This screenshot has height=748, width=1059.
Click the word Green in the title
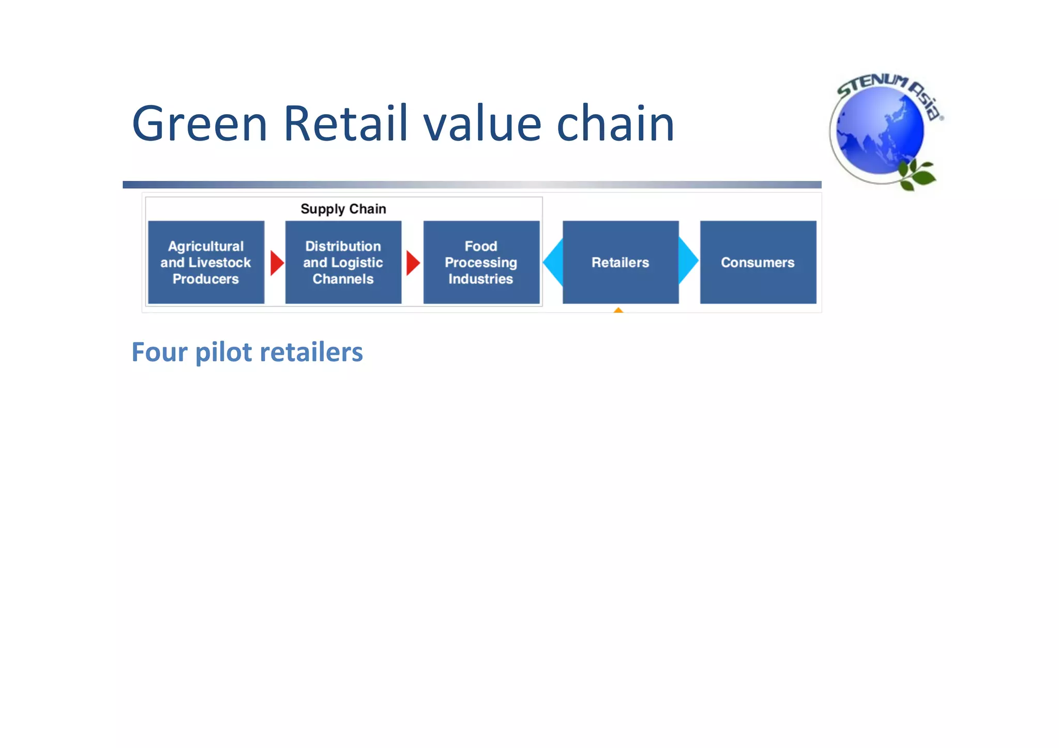[200, 124]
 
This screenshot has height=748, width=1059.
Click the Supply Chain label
[343, 209]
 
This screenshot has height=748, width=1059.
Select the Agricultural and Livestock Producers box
[206, 262]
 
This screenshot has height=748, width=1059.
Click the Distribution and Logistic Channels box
[343, 262]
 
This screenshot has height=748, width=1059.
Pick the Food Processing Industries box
[481, 262]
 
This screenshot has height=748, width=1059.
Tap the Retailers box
[621, 262]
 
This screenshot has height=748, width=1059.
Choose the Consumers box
[758, 262]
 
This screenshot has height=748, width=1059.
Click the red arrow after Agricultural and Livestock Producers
[277, 263]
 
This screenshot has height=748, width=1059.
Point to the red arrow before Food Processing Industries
[413, 263]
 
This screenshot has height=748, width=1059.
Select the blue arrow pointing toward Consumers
[688, 261]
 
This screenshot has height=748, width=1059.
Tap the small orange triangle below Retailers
[618, 310]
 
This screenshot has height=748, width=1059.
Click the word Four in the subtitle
[159, 353]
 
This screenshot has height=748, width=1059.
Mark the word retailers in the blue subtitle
[311, 353]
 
